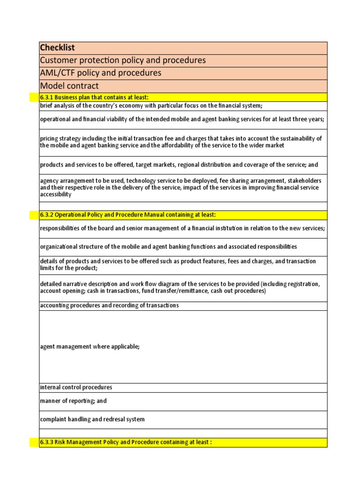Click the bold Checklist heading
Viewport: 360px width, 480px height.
pos(58,48)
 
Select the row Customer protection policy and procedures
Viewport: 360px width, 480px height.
pos(123,60)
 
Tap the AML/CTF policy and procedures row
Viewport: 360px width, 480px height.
pos(101,73)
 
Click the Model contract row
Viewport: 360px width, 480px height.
pos(69,86)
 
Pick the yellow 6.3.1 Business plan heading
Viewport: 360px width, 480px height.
pos(94,97)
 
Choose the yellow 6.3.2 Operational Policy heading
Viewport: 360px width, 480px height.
pos(128,215)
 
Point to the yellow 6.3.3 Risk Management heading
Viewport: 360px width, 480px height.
pos(126,442)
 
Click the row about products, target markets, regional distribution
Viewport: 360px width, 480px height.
pos(179,165)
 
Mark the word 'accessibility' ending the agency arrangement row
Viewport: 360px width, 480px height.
pos(56,194)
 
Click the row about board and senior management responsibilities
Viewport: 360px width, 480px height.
pos(182,228)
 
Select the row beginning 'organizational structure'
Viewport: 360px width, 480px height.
pos(168,247)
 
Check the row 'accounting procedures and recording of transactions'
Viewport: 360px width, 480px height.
pos(109,306)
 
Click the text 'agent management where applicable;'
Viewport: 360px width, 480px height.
pos(90,346)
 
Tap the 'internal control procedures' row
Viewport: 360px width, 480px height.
pos(76,388)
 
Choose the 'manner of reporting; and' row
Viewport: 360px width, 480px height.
pos(74,401)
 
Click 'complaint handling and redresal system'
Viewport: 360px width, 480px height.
pos(92,420)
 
